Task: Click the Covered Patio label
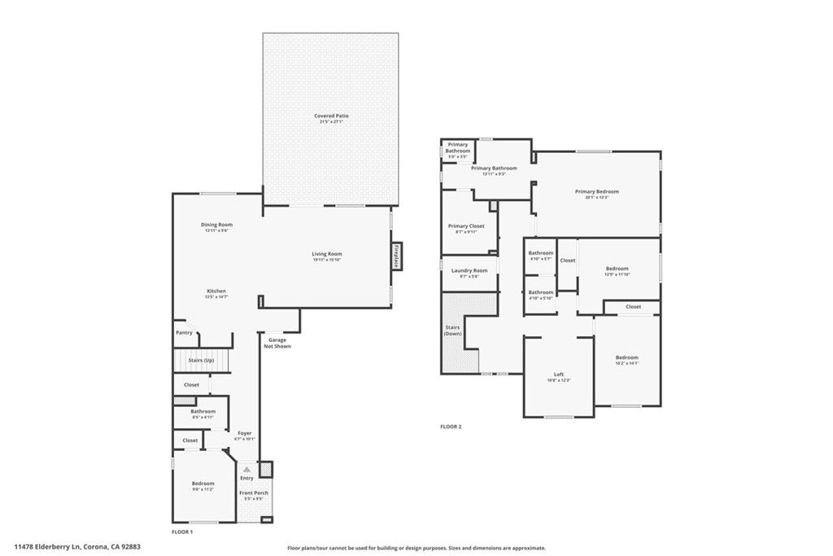coord(331,116)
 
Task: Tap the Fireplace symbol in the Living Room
coord(397,256)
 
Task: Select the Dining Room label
coord(216,225)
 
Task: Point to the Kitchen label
coord(216,291)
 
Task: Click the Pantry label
coord(184,332)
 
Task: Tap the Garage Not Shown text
coord(277,343)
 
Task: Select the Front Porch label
coord(253,493)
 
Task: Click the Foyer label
coord(244,433)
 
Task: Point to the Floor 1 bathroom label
coord(203,412)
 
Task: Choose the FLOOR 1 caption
coord(182,532)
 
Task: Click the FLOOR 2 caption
coord(451,427)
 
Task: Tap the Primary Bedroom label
coord(596,192)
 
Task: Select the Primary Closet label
coord(465,225)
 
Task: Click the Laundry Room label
coord(469,270)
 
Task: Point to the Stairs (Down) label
coord(453,331)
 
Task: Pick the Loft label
coord(558,374)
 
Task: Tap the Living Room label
coord(326,254)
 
